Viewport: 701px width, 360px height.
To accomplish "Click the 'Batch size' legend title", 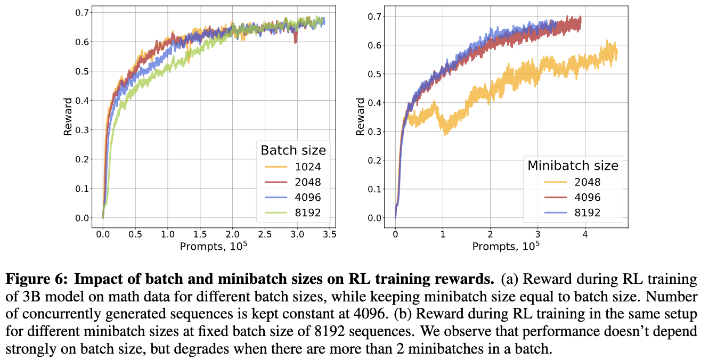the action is point(293,150).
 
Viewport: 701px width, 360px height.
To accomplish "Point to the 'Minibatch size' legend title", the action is point(573,166).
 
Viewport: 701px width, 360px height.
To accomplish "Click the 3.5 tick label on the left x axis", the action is point(329,234).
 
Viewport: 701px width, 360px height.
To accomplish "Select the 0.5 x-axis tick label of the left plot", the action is point(135,234).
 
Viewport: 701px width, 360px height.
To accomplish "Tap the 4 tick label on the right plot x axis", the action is point(585,234).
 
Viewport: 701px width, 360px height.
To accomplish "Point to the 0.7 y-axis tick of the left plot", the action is point(82,12).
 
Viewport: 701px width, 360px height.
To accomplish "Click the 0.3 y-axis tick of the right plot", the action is point(374,132).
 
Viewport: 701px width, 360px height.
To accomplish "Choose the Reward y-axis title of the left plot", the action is point(68,117).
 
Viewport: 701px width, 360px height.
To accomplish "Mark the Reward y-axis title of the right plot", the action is point(360,117).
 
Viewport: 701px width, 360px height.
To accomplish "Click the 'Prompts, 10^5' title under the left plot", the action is point(214,246).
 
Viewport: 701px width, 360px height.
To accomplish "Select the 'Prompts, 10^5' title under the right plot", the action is point(506,246).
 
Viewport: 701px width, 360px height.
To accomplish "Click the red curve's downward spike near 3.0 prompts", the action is point(296,40).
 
